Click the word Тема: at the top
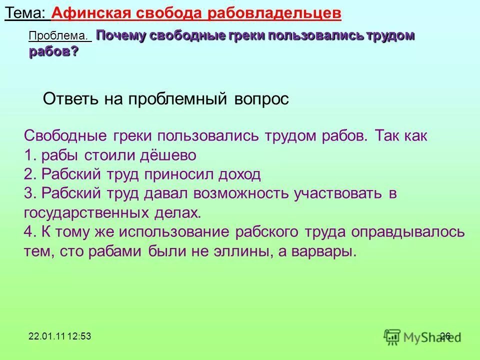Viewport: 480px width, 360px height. pyautogui.click(x=26, y=13)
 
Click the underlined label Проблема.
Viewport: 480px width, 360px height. pyautogui.click(x=60, y=36)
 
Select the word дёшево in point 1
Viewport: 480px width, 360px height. pyautogui.click(x=168, y=155)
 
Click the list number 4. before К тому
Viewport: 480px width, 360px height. pyautogui.click(x=30, y=232)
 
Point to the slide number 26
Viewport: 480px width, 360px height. pyautogui.click(x=445, y=336)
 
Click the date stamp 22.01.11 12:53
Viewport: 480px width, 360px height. pyautogui.click(x=59, y=336)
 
